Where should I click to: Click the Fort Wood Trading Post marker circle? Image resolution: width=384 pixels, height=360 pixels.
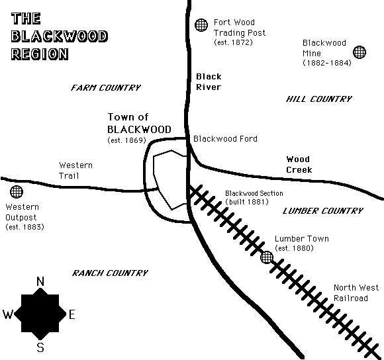(201, 25)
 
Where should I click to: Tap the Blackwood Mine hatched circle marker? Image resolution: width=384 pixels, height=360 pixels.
(360, 52)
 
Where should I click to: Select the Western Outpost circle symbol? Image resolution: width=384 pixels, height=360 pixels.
(17, 192)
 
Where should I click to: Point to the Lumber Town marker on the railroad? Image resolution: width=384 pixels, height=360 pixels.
(266, 257)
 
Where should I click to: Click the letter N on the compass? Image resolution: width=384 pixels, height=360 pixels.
(40, 281)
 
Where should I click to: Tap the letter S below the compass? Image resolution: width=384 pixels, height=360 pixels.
(40, 347)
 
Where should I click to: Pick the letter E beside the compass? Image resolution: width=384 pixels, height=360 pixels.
(72, 314)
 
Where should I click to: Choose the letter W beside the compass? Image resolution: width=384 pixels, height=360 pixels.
(7, 314)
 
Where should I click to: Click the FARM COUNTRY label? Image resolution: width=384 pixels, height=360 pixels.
(106, 87)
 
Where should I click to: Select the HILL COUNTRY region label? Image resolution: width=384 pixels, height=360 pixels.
(319, 99)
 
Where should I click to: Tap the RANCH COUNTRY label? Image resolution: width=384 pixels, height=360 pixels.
(110, 273)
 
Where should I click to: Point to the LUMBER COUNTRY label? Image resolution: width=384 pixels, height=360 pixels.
(323, 210)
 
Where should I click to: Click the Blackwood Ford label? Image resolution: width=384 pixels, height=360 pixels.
(225, 139)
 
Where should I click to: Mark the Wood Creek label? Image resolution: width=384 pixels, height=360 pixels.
(299, 165)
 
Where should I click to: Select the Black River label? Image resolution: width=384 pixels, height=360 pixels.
(209, 82)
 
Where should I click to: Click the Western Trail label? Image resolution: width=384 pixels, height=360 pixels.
(75, 170)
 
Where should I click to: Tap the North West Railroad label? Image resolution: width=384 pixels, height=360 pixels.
(356, 292)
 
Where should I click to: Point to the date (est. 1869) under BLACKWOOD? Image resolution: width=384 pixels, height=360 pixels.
(127, 140)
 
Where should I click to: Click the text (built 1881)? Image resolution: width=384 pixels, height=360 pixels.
(247, 202)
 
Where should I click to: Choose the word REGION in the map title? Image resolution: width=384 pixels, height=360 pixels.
(40, 54)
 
